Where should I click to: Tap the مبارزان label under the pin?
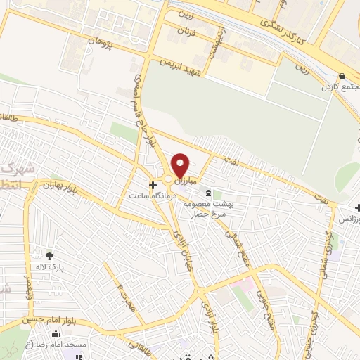(185, 182)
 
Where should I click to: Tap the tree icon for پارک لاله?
(49, 255)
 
